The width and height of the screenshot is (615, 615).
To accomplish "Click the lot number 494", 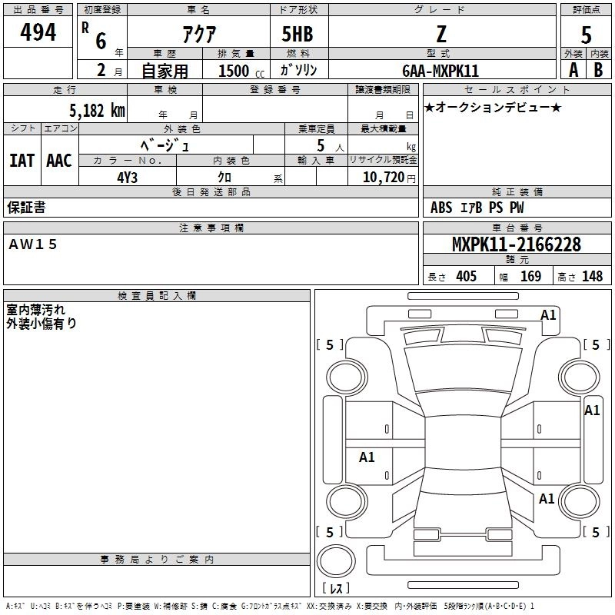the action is [38, 33].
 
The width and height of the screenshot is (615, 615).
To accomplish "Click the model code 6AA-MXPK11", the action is [440, 71].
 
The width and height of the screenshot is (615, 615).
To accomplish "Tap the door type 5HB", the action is [297, 34].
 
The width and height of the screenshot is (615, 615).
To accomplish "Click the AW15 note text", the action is [33, 244].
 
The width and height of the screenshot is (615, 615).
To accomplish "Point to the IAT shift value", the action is [22, 160].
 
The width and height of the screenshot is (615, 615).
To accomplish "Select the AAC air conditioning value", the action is [58, 160].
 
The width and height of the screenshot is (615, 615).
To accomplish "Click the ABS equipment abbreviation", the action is [441, 208].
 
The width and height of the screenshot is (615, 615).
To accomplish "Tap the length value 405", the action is [466, 277].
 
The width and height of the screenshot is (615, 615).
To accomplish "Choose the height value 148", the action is [592, 277].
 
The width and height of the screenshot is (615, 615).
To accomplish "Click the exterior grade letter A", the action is [573, 70].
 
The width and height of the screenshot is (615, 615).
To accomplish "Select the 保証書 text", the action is [26, 208].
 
